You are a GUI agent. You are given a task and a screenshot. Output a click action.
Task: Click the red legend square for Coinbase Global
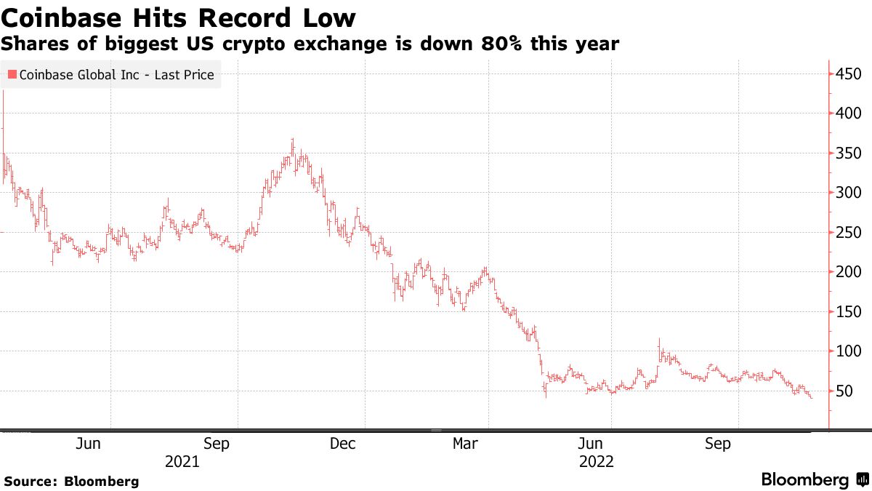pos(12,74)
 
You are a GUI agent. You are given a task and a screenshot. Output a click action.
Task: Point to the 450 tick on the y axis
pos(848,74)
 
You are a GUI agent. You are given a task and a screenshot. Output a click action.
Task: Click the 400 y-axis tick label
pos(848,113)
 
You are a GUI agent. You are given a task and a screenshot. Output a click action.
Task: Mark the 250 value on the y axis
pos(848,232)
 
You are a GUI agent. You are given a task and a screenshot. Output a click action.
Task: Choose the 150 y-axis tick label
pos(848,311)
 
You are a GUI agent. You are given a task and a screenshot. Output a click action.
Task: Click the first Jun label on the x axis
pos(88,444)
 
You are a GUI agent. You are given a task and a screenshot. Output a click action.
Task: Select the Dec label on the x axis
pos(342,444)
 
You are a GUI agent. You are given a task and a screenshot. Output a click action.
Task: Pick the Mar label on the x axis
pos(465,444)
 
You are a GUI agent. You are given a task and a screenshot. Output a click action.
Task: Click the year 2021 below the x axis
pos(182,461)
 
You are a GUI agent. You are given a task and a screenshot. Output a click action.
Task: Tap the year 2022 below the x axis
pos(597,461)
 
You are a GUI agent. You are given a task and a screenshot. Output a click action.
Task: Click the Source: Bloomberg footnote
pos(71,481)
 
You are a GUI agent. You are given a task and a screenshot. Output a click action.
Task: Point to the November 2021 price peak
pos(292,140)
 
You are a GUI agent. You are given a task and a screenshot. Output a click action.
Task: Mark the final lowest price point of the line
pos(810,397)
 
